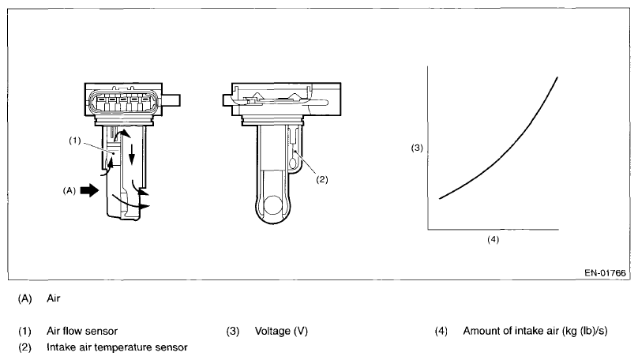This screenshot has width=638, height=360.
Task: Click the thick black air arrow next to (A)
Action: click(x=92, y=190)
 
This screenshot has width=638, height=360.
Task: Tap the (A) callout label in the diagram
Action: click(x=70, y=190)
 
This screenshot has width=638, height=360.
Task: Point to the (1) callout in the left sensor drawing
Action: click(x=75, y=141)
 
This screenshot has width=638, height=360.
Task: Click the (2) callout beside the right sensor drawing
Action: click(x=322, y=179)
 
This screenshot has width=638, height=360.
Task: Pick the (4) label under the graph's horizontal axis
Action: click(x=494, y=238)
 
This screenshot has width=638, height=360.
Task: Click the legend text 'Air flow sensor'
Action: click(x=82, y=331)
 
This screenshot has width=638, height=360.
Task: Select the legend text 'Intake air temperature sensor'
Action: click(x=117, y=347)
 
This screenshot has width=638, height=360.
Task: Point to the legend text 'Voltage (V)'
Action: click(x=281, y=331)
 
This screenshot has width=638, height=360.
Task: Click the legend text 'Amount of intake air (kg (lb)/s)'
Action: click(x=535, y=331)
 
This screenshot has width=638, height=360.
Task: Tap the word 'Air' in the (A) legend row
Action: click(x=54, y=299)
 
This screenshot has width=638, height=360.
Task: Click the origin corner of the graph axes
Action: click(x=427, y=229)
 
